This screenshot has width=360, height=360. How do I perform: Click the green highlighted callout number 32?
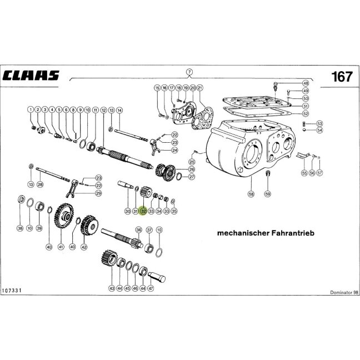[x=143, y=211]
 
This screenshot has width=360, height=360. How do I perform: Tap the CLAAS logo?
[x=31, y=76]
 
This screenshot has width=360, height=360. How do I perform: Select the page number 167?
[x=342, y=77]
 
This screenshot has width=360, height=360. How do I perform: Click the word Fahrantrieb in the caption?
[x=293, y=233]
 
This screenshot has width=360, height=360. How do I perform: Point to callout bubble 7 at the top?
[x=189, y=72]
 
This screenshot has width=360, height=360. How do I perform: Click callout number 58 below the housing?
[x=251, y=194]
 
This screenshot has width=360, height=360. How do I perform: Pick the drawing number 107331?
[x=12, y=291]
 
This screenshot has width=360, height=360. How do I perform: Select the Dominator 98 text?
[x=344, y=292]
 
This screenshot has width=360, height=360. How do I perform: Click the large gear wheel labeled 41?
[x=64, y=216]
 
